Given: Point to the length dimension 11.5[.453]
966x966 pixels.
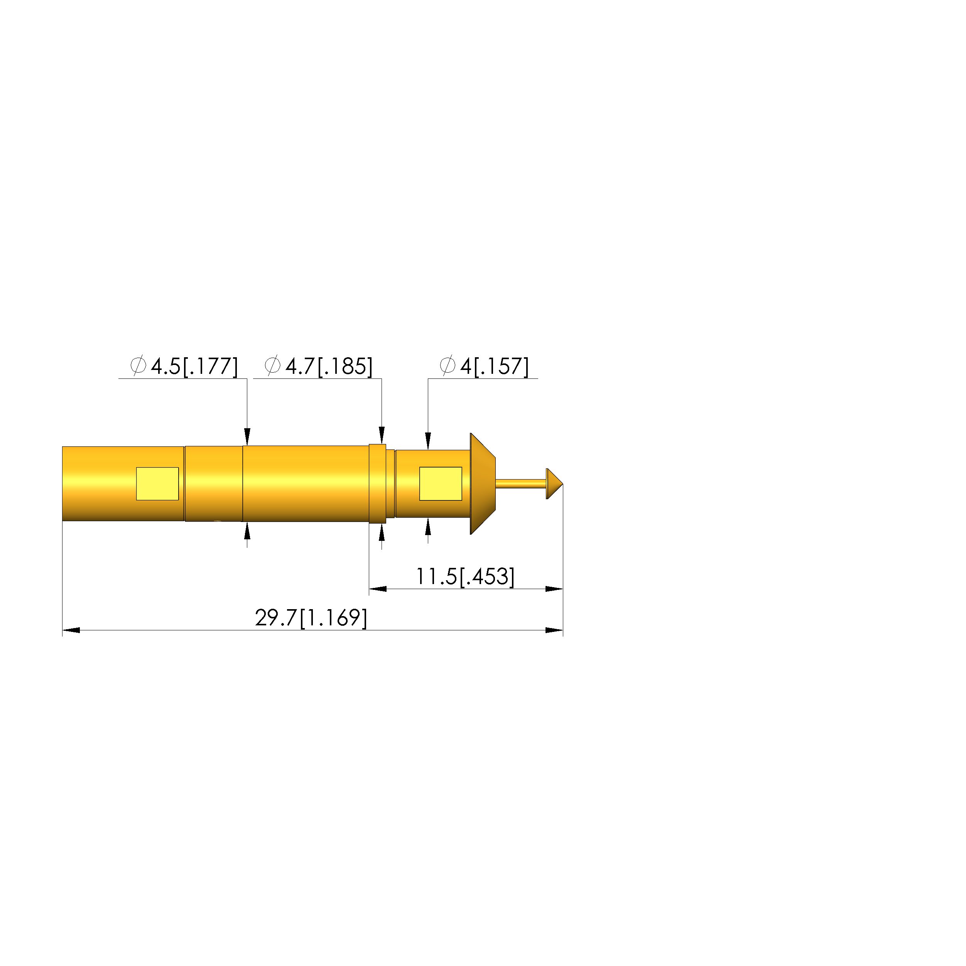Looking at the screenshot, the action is click(465, 576).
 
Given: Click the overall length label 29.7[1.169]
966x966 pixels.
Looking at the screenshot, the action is click(311, 618).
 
